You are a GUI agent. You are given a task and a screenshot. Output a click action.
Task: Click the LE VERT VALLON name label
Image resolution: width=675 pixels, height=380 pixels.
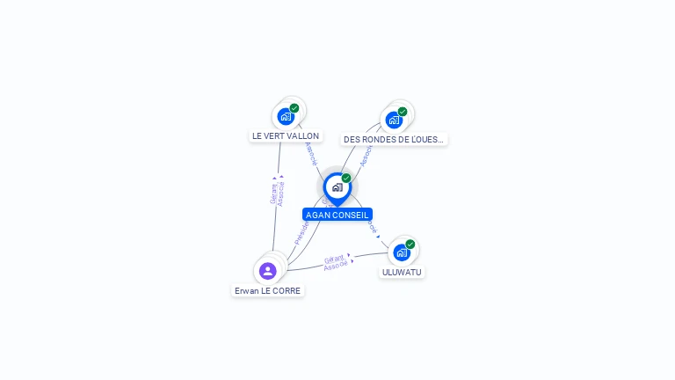pos(286,136)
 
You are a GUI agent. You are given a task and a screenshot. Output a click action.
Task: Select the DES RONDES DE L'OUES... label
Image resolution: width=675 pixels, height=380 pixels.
pos(394,139)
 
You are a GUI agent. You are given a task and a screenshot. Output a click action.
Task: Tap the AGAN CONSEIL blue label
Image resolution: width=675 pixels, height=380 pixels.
pos(337,215)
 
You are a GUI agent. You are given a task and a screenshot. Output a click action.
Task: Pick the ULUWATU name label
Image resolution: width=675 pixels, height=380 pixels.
pos(402,273)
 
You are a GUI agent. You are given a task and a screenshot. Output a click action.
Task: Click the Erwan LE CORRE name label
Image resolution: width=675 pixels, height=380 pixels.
pos(267,291)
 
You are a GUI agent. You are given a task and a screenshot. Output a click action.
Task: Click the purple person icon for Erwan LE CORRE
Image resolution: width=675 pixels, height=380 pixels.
pos(268,270)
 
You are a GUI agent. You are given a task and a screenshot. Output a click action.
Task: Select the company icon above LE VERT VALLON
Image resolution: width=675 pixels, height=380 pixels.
pos(285,116)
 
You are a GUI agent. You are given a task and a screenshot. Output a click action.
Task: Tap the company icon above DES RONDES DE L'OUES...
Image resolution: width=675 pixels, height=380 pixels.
pos(394,120)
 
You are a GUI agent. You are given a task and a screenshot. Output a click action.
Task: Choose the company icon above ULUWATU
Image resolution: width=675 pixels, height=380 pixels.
pos(401,252)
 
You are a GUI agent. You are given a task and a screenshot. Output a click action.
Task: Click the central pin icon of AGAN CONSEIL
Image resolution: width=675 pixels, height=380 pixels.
pos(337,186)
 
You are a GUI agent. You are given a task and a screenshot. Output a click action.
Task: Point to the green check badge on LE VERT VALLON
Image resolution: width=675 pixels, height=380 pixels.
pos(294,108)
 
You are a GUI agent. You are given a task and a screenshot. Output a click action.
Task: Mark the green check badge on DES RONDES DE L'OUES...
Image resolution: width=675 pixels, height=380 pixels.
pos(403,112)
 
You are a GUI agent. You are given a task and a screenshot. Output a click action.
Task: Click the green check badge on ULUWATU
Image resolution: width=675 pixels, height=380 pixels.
pos(410,245)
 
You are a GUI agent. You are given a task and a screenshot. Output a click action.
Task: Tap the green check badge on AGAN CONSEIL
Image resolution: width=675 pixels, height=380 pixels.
pos(346,179)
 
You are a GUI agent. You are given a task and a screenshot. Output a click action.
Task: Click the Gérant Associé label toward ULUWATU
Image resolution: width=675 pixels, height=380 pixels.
pos(336,262)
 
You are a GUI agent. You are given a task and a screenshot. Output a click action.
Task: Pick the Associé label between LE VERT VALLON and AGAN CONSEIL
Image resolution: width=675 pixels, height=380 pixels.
pos(310,153)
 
